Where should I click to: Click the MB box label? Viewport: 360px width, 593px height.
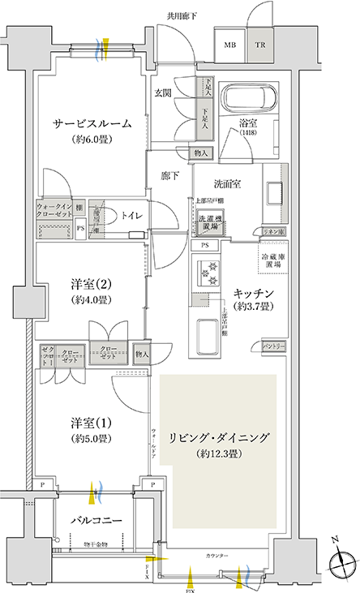pyautogui.click(x=230, y=46)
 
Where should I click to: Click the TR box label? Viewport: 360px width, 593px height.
pyautogui.click(x=261, y=46)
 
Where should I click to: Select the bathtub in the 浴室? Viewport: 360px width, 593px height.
pyautogui.click(x=248, y=99)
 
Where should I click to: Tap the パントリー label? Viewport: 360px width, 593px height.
pyautogui.click(x=272, y=346)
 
